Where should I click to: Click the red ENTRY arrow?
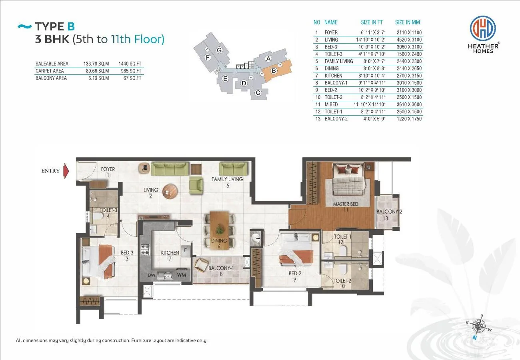pos(66,171)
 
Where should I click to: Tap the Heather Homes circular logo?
pos(483,28)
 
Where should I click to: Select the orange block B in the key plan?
pos(276,70)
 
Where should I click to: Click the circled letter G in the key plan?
pos(219,50)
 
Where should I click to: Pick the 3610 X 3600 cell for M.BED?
pos(409,104)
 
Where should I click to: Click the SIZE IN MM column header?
pos(408,22)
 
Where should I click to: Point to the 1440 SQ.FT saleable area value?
pos(130,64)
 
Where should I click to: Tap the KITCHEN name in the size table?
pos(333,76)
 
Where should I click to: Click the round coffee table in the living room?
pos(170,192)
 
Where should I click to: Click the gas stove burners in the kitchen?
pos(145,250)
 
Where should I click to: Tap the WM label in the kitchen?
pos(181,275)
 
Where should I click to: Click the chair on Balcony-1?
pos(201,265)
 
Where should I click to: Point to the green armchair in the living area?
pos(196,185)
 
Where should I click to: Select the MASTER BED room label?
pos(346,204)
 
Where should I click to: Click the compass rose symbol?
pos(479,326)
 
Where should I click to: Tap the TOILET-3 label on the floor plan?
pos(108,210)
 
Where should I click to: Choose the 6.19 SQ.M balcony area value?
pos(98,78)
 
